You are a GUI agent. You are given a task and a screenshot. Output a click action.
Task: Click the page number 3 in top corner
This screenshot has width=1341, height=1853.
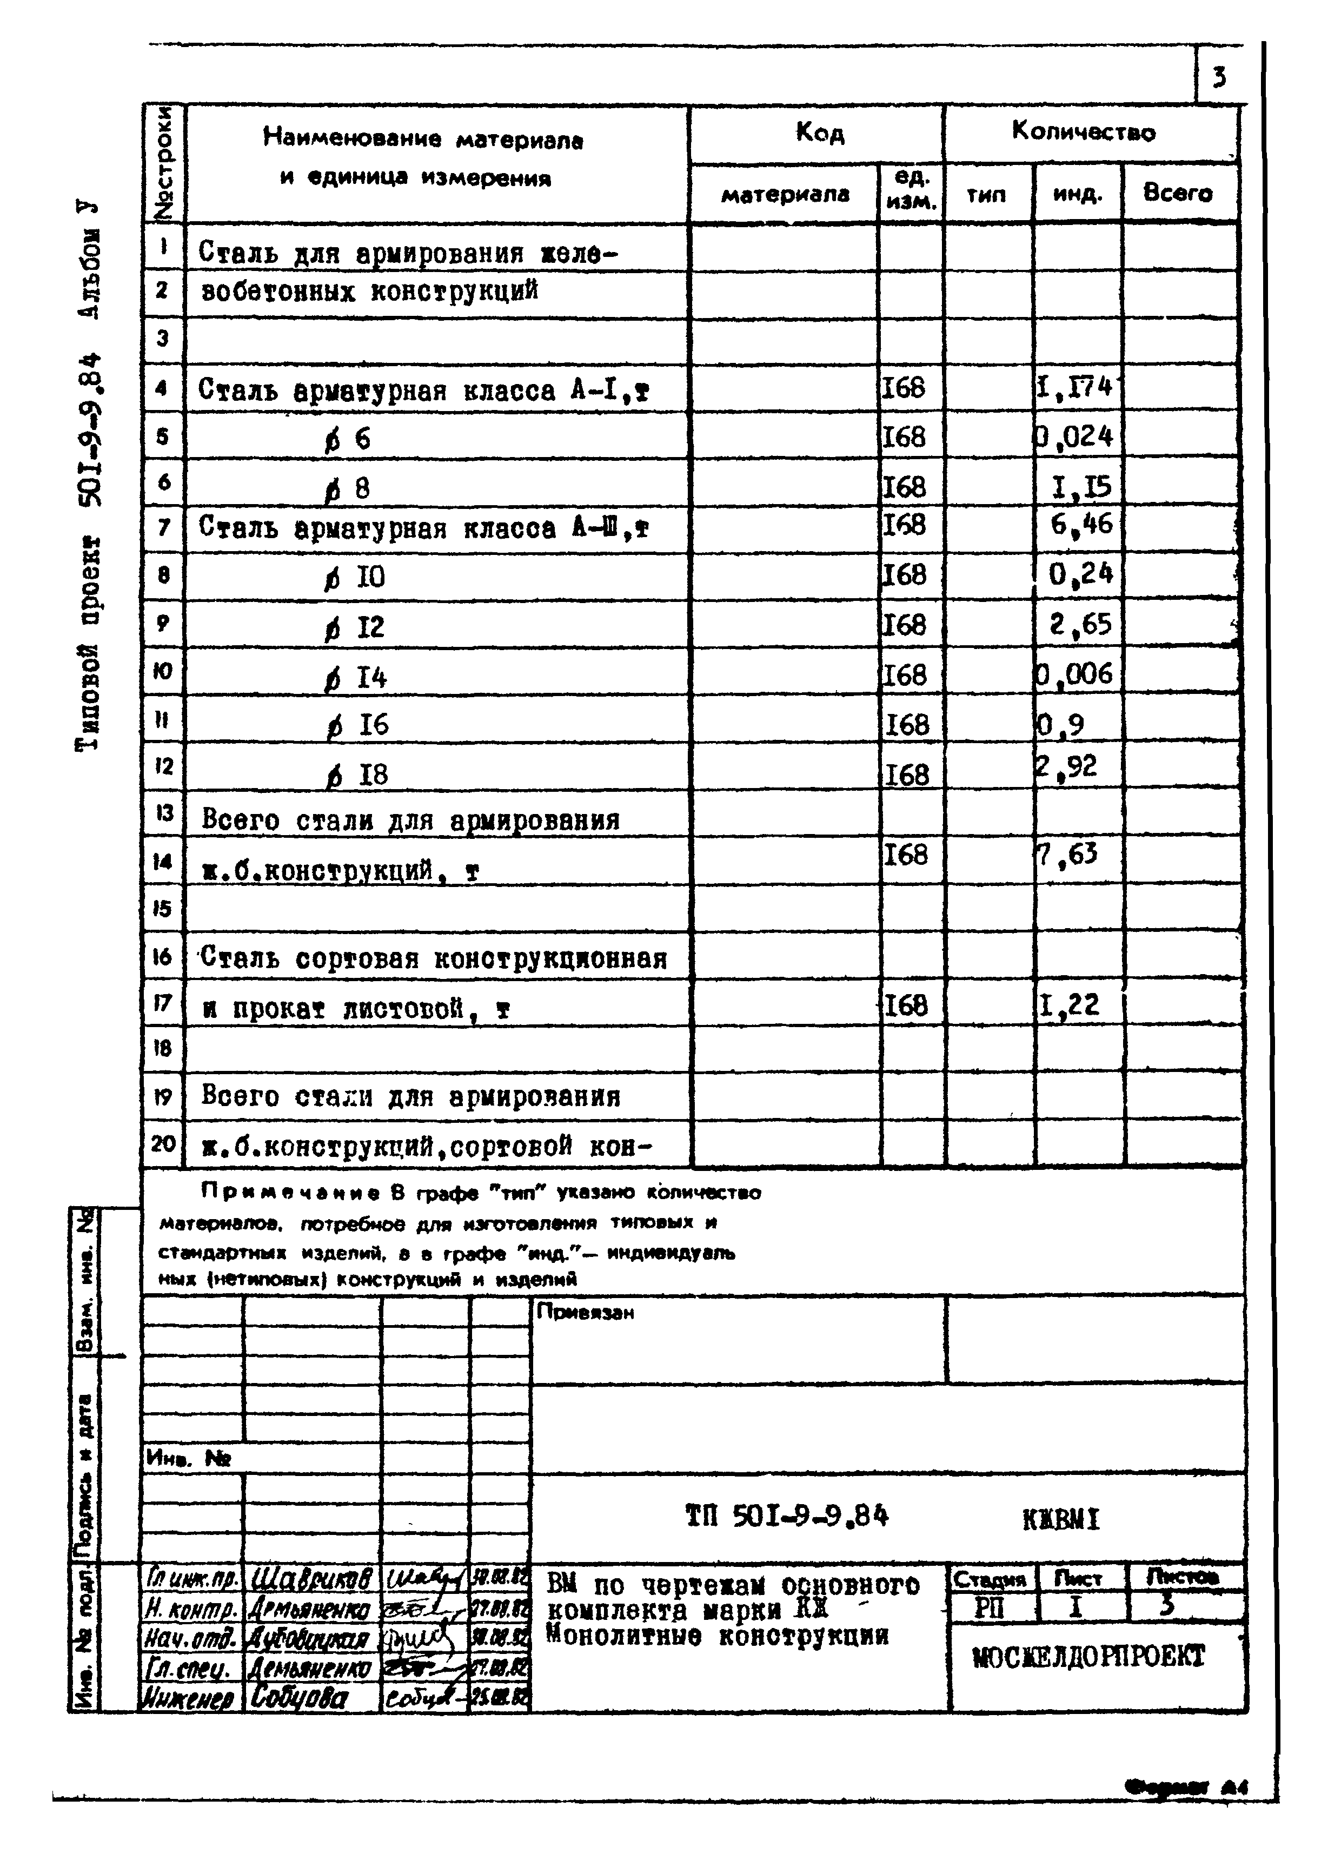point(1218,78)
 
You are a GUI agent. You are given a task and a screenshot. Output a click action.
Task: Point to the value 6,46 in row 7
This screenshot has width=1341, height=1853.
point(1080,523)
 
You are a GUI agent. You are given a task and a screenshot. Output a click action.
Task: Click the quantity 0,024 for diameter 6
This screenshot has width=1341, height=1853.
point(1075,436)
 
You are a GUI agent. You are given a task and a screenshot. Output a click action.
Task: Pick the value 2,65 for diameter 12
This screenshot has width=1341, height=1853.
point(1080,624)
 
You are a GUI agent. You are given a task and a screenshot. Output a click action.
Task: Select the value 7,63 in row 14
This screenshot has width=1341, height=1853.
point(1067,855)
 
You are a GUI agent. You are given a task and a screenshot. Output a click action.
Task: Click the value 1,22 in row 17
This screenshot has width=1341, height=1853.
point(1069,1004)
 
